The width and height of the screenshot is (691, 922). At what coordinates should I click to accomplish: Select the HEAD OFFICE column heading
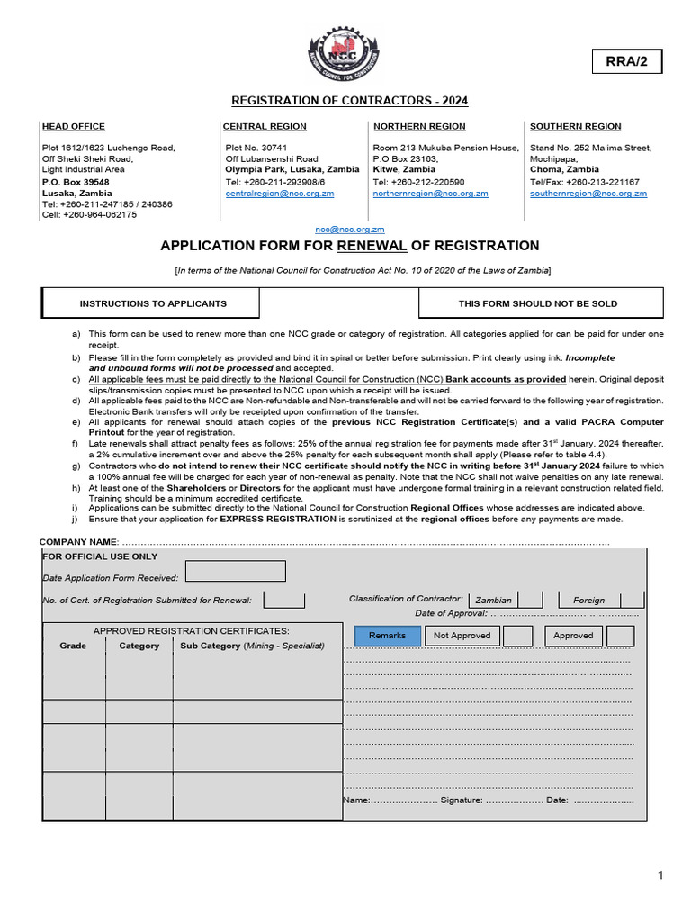(x=74, y=127)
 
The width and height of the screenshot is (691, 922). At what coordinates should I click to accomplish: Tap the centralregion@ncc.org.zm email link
(x=280, y=194)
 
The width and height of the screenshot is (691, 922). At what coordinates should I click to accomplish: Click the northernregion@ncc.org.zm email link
(x=431, y=194)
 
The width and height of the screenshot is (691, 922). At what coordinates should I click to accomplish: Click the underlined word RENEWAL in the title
(x=367, y=246)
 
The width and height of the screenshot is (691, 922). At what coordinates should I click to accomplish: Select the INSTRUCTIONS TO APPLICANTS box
(x=153, y=304)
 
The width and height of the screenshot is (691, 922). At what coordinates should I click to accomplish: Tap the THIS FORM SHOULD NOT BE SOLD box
(x=538, y=304)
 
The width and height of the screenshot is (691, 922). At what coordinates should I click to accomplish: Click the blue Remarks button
(x=387, y=636)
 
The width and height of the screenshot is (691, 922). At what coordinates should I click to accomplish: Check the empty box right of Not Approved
(x=517, y=636)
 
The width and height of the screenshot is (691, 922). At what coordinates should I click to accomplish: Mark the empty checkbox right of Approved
(x=621, y=636)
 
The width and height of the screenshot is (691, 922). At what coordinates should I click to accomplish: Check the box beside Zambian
(x=530, y=600)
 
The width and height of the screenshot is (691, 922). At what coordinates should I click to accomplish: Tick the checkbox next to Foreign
(x=633, y=600)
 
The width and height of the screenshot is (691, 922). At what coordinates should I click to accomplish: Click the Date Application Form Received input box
(x=236, y=572)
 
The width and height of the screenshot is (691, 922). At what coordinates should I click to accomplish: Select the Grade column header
(x=73, y=646)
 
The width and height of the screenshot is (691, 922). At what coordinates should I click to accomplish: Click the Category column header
(x=139, y=646)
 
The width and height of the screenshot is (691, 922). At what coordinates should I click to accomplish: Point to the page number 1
(x=660, y=875)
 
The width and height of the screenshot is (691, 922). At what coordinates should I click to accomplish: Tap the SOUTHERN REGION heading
(x=576, y=127)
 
